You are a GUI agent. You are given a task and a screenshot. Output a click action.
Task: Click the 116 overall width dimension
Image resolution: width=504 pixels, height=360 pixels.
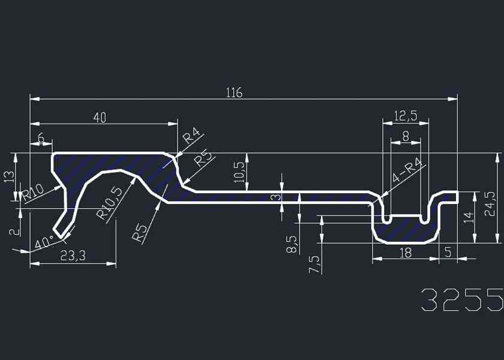(x=234, y=93)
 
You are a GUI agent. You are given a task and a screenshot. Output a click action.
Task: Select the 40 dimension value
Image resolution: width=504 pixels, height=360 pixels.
(x=100, y=118)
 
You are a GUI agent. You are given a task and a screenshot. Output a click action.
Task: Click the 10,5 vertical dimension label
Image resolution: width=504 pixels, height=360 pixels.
(x=239, y=173)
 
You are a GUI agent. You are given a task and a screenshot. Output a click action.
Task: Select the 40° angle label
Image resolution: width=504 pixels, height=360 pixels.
(x=44, y=243)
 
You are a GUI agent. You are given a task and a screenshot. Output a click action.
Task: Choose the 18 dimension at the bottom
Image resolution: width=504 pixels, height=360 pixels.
(x=406, y=253)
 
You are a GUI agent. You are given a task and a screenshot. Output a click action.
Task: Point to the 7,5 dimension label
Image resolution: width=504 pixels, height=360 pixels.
(x=313, y=264)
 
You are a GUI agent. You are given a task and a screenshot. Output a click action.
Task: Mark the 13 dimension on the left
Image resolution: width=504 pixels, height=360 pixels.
(x=8, y=177)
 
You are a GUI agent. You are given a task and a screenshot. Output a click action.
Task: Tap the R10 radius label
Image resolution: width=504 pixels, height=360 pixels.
(x=34, y=193)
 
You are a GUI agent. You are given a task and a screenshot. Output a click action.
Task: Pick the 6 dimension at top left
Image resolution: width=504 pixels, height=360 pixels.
(x=41, y=139)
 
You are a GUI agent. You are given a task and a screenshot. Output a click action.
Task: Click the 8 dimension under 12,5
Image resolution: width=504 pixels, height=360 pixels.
(x=406, y=136)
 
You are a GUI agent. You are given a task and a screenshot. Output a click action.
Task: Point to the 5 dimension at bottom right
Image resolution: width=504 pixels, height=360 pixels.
(x=448, y=253)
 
